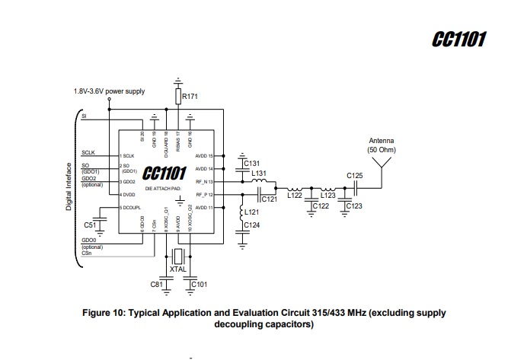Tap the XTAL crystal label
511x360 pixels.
pos(178,269)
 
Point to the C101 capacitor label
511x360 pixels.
pos(199,285)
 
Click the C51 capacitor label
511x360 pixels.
pos(90,225)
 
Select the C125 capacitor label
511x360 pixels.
pos(355,176)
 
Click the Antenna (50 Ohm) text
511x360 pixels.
pos(382,145)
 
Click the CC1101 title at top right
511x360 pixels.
pos(458,40)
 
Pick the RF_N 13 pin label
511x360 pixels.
pos(207,182)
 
